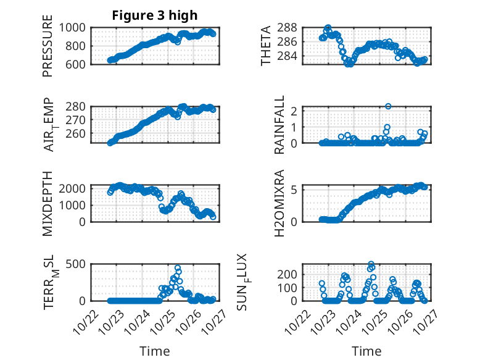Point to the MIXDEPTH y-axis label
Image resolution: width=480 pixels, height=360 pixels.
[48, 203]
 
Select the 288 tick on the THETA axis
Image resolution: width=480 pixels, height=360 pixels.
[291, 28]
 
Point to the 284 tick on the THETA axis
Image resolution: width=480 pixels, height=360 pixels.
[291, 56]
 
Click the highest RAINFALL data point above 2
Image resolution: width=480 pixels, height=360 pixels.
[388, 106]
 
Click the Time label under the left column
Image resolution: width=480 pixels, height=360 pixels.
[154, 351]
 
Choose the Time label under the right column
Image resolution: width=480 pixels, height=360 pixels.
[366, 351]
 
